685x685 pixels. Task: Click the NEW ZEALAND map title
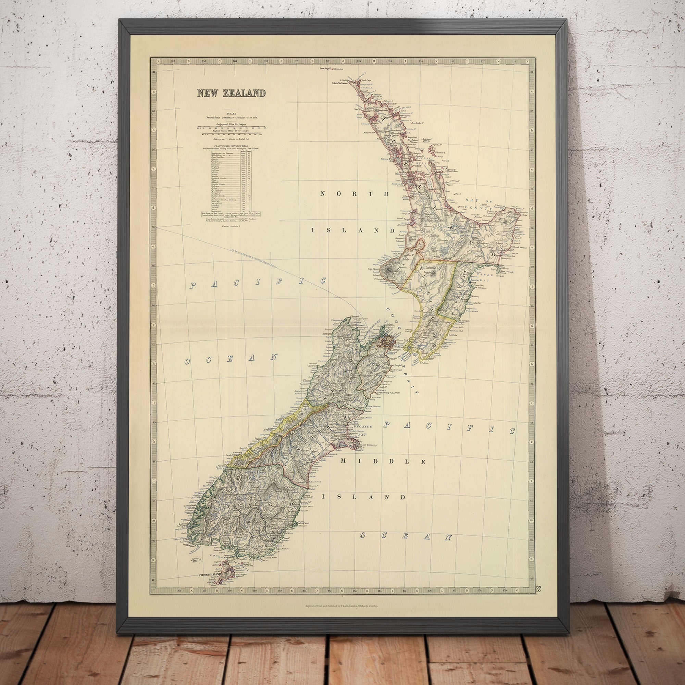coord(231,93)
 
